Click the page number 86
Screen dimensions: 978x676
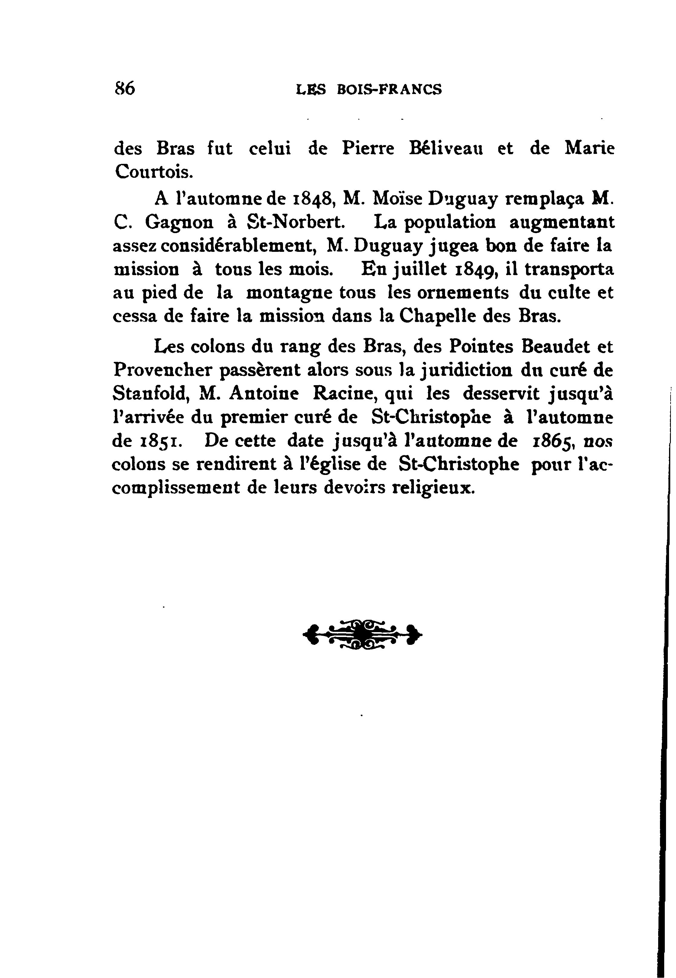point(124,89)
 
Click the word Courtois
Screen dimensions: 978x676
point(154,171)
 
